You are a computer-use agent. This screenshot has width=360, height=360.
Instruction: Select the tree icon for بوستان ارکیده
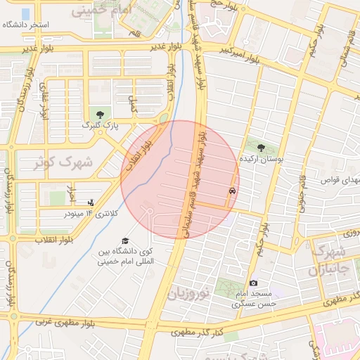pos(262,148)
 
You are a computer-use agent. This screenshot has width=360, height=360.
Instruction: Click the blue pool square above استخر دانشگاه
pos(26,13)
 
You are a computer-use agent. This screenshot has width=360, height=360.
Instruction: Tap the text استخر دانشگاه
pos(26,25)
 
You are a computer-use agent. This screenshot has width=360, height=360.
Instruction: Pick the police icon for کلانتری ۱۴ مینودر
pos(90,202)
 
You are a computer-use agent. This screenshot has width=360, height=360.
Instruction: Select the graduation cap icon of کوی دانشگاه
pos(125,240)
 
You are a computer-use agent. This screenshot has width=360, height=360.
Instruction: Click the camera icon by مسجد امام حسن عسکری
pos(253,283)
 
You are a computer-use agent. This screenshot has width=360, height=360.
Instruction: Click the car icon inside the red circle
pos(232,191)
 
